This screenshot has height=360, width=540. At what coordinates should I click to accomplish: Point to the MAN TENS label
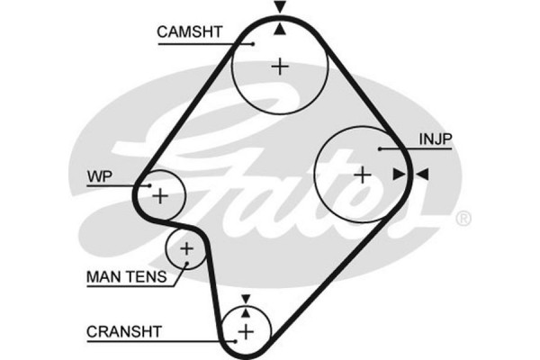pos(126,277)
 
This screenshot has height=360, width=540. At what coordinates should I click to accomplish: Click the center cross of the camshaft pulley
pos(280,66)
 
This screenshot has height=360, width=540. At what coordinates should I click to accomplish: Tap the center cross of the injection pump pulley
pos(362,174)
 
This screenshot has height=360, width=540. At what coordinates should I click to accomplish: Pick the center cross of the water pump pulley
pos(160,194)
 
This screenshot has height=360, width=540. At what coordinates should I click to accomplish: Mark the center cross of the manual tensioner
pos(186,248)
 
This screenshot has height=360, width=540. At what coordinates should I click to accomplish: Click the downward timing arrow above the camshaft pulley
pos(280,7)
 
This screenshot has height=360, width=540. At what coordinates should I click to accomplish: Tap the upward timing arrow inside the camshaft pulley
pos(280,29)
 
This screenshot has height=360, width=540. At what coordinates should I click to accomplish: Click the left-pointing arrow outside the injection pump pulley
pos(422,174)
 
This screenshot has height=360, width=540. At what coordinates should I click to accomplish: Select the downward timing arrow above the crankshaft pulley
pos(245,297)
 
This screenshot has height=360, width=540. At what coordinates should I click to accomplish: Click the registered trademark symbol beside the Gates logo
pos(463,218)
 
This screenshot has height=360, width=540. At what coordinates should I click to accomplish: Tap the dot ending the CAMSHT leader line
pos(254,42)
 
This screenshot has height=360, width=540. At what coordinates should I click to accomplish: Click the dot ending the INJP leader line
pos(381,148)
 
